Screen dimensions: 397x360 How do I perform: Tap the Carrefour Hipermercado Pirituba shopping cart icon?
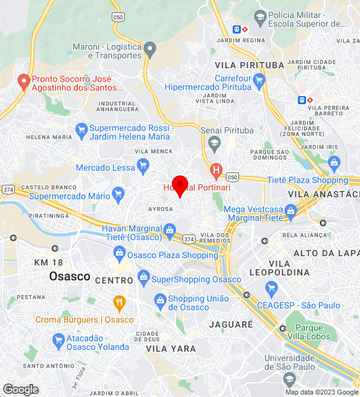[259, 79]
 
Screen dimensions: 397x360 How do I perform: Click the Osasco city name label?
[70, 276]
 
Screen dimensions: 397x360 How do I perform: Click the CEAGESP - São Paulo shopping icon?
[271, 288]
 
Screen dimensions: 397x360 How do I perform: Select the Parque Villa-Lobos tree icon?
[283, 328]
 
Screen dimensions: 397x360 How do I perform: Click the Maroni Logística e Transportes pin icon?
[150, 48]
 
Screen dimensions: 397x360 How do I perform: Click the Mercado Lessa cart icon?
[143, 165]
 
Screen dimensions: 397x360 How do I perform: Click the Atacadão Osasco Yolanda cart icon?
[58, 339]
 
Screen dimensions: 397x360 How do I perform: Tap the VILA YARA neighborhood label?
[171, 349]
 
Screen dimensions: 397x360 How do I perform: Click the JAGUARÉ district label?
[231, 324]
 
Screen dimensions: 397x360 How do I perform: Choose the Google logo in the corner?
[20, 390]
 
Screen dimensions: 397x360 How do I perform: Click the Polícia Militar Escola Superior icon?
[260, 17]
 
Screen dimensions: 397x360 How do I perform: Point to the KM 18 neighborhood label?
[49, 262]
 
